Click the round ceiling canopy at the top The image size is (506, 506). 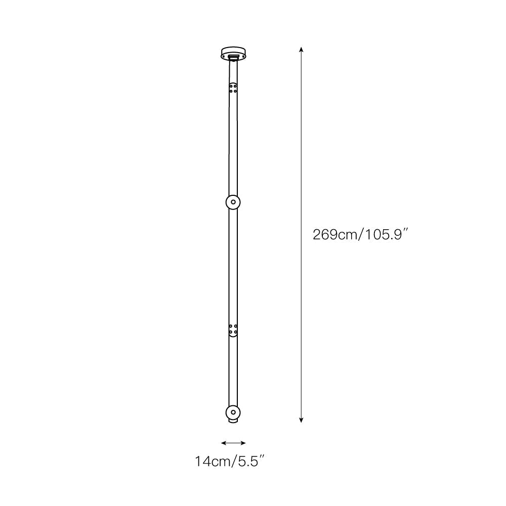[233, 52]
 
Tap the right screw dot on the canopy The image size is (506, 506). [243, 56]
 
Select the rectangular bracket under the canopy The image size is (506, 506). [233, 58]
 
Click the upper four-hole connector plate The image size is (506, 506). [233, 88]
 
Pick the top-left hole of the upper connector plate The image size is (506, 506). [231, 86]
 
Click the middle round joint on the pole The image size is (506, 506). [233, 202]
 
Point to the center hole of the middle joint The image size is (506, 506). [233, 202]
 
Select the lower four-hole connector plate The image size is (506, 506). [233, 330]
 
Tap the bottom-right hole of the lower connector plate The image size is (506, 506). [235, 332]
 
